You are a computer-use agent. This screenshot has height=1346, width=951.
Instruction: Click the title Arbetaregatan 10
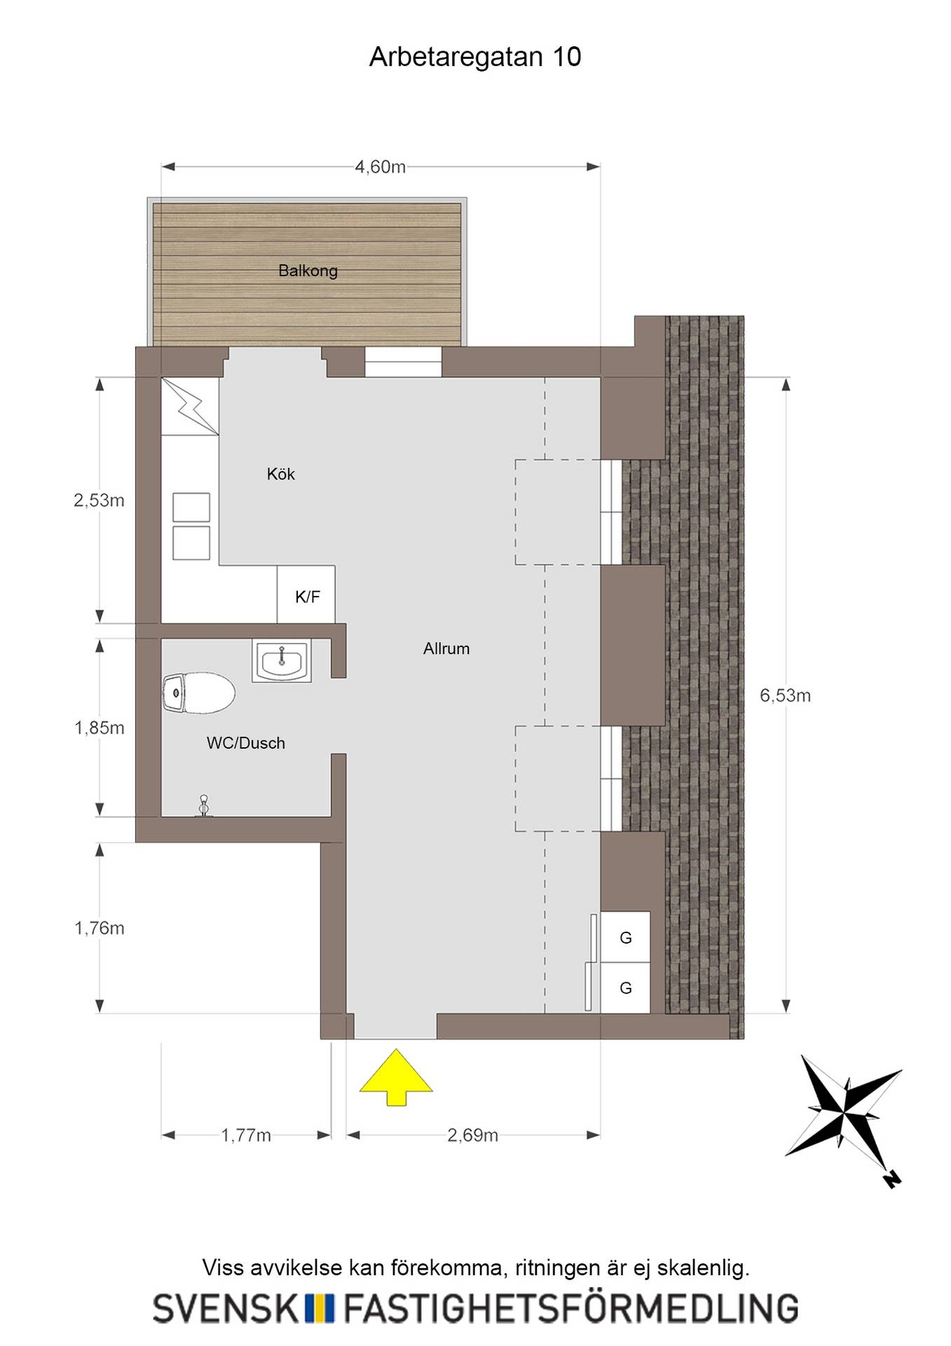coord(475,57)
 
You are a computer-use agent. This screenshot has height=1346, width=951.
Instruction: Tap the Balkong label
coord(308,271)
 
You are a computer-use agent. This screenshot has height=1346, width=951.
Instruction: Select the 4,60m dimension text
coord(380,167)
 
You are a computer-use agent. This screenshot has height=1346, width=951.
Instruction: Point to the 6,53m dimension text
coord(785,695)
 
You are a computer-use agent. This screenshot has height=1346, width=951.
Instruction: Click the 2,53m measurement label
coord(99,500)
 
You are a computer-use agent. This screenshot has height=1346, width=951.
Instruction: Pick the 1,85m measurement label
coord(99,728)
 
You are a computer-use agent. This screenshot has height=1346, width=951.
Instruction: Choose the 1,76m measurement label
coord(99,928)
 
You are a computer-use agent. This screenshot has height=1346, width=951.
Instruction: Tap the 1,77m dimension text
coord(246,1135)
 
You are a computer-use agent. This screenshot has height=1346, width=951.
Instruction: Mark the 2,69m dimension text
coord(472,1135)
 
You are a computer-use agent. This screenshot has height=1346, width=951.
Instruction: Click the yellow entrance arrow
coord(396,1077)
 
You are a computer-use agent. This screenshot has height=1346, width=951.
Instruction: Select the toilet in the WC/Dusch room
coord(199,693)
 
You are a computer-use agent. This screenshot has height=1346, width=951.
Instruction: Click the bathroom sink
coord(282,661)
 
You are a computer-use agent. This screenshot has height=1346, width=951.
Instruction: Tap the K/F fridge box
coord(306,594)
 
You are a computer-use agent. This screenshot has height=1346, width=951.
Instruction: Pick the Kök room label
coord(280,474)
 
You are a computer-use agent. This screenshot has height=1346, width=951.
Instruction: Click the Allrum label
coord(446,648)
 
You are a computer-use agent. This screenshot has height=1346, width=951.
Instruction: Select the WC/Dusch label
coord(246,743)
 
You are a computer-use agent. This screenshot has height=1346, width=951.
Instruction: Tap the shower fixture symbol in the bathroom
coord(204,805)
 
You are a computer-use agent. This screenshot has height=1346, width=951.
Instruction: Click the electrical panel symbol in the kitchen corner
coord(190,407)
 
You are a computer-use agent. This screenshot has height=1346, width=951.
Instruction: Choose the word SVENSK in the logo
coord(226,1308)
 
